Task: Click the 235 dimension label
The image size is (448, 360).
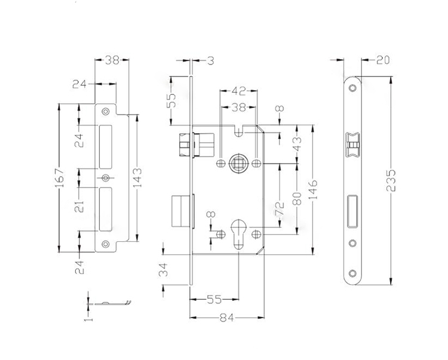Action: pyautogui.click(x=391, y=180)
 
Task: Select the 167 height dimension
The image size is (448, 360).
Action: pyautogui.click(x=59, y=178)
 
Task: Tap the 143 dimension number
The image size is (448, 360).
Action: pyautogui.click(x=137, y=177)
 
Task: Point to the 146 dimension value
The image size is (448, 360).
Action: pyautogui.click(x=314, y=190)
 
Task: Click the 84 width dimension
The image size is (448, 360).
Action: pyautogui.click(x=227, y=318)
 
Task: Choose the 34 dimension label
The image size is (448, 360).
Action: pyautogui.click(x=164, y=270)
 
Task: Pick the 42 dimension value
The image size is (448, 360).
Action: pyautogui.click(x=238, y=91)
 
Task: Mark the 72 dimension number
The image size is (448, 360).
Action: pyautogui.click(x=280, y=209)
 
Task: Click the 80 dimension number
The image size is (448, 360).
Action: pyautogui.click(x=297, y=199)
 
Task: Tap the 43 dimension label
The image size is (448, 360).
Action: pyautogui.click(x=297, y=144)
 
